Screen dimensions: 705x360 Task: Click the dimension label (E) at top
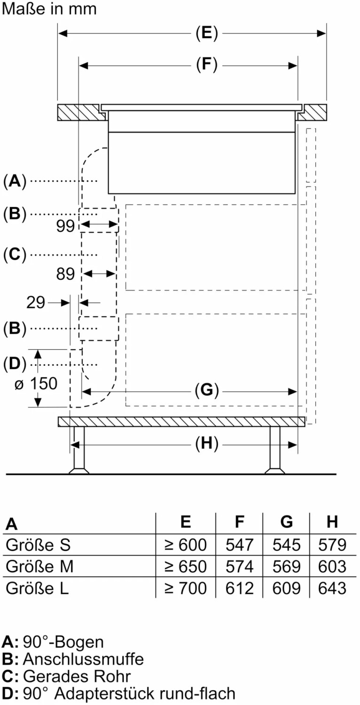207,33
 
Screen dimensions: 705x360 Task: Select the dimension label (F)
207,65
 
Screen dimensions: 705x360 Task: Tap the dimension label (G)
207,390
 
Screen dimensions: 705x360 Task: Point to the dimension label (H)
207,444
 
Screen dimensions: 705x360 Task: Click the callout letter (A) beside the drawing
15,180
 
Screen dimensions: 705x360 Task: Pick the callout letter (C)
15,254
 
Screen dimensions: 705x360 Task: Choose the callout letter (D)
15,364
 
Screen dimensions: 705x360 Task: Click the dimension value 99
66,227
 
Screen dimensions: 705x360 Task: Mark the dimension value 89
66,274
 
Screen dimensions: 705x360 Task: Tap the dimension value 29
36,303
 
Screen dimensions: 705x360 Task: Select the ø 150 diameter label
36,384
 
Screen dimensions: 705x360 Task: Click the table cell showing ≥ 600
186,545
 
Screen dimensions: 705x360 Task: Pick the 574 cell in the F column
240,566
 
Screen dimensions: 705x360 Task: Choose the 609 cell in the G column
287,588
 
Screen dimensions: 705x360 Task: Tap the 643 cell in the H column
332,588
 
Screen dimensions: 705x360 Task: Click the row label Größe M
39,566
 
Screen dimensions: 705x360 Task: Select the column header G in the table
287,522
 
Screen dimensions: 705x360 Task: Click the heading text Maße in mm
49,9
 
